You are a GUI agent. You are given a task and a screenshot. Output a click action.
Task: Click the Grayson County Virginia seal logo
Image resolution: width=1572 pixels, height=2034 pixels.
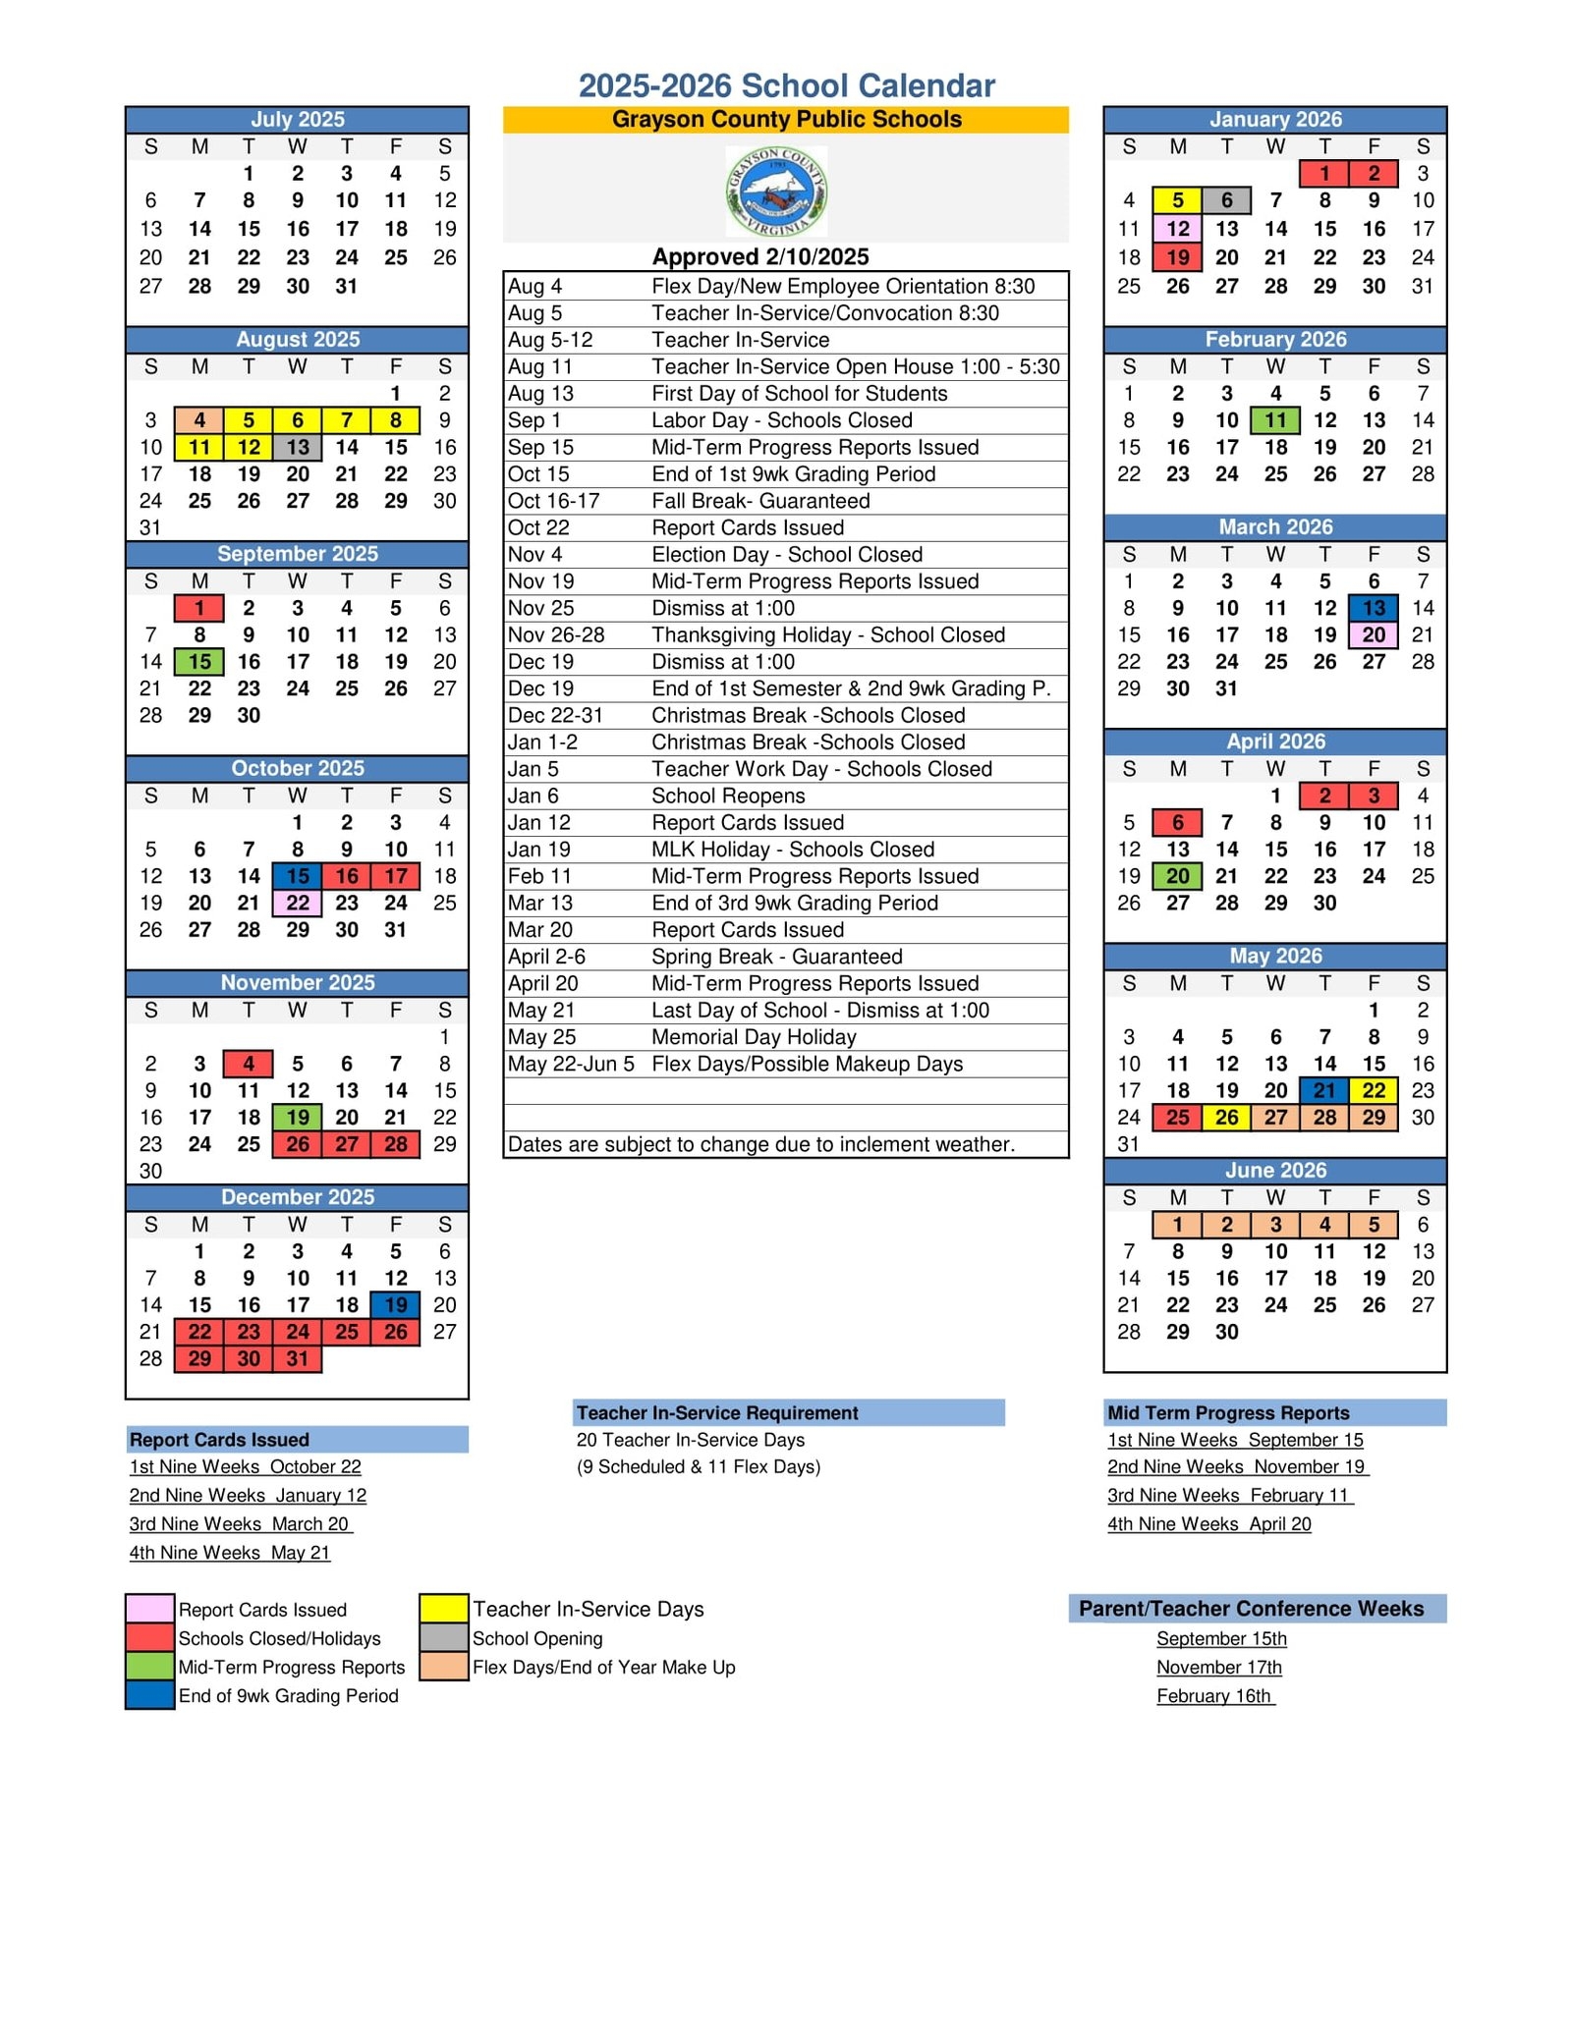click(776, 192)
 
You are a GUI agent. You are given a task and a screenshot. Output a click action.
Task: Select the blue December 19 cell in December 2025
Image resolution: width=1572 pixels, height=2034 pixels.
click(396, 1304)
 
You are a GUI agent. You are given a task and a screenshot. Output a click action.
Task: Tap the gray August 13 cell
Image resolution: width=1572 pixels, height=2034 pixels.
click(298, 447)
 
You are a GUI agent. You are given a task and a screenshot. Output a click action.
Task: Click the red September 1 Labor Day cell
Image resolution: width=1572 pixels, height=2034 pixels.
click(199, 608)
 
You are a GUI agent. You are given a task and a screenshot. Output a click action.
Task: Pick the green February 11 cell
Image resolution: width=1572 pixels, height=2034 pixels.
click(1275, 420)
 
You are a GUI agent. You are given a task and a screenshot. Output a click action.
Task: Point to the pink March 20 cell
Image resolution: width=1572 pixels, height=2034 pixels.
click(1374, 634)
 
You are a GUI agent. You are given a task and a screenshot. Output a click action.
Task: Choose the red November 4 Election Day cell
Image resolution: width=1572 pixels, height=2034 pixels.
click(249, 1064)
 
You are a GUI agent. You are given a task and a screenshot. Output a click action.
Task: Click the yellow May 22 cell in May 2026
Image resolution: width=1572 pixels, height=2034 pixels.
click(1374, 1090)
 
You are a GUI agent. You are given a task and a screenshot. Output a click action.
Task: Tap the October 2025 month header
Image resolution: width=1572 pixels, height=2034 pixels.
click(298, 768)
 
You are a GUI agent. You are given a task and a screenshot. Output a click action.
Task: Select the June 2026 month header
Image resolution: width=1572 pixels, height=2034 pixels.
click(1275, 1170)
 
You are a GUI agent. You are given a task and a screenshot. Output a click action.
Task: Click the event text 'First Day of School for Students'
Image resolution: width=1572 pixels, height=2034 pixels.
click(799, 394)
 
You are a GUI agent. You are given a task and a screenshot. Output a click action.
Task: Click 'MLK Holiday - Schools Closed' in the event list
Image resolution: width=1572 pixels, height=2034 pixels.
click(793, 850)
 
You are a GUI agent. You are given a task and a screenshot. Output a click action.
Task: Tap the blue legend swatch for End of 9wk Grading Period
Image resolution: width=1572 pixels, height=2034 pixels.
click(150, 1695)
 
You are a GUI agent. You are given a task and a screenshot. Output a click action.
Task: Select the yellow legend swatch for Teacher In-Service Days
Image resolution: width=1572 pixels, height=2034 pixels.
click(444, 1609)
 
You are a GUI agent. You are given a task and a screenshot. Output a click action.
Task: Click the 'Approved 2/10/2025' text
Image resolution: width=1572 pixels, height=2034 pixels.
click(760, 257)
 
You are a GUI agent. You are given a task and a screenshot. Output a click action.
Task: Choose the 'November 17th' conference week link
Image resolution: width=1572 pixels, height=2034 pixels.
click(1218, 1667)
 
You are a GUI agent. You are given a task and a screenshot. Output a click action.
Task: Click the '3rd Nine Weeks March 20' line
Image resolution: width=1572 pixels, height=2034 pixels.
click(240, 1523)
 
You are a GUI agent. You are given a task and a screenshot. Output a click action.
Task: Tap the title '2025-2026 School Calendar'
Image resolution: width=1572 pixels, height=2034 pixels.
click(786, 86)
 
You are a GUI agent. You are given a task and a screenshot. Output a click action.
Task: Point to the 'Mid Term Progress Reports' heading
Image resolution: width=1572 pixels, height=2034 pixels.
click(1228, 1412)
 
